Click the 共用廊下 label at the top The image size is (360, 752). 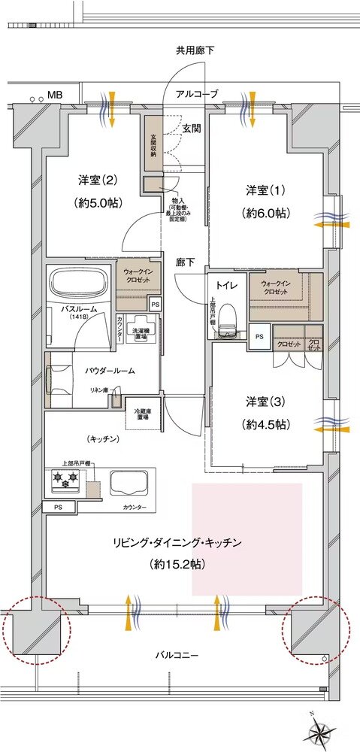point(195,51)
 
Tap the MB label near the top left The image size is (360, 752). point(55,95)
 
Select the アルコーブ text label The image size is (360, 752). point(197,95)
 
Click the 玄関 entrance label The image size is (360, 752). point(191,129)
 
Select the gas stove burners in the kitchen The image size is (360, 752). point(65,481)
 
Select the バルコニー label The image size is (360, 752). point(179,655)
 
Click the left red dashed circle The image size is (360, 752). point(35,629)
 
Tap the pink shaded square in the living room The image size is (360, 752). point(247,538)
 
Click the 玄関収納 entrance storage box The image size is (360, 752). point(152,143)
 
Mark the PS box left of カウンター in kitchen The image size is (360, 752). point(59,508)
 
